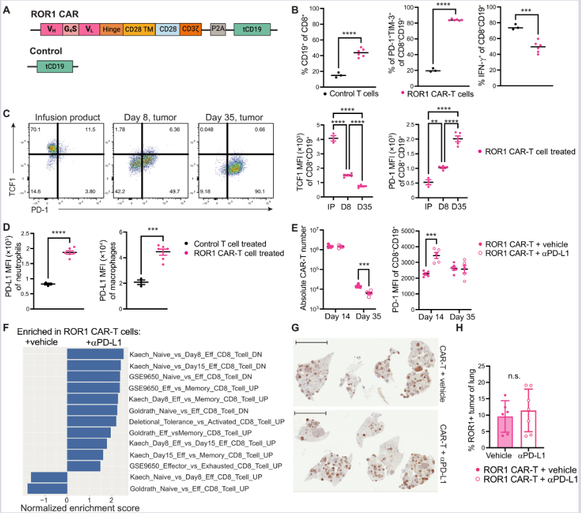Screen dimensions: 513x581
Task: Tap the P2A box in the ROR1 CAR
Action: [x=218, y=30]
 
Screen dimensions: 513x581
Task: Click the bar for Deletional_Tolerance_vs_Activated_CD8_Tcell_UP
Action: [x=91, y=421]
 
